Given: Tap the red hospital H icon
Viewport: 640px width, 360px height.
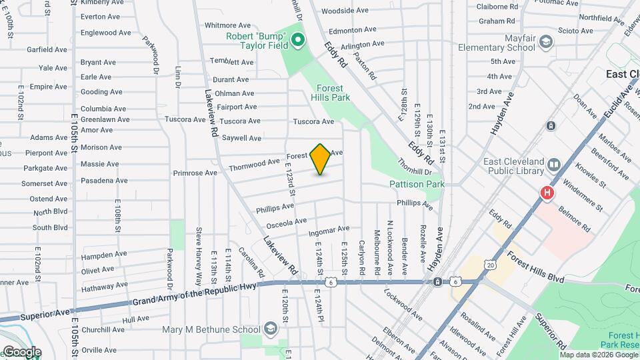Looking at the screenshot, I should click(x=547, y=193).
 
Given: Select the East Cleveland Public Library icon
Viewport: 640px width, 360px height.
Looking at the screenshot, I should click(x=553, y=164).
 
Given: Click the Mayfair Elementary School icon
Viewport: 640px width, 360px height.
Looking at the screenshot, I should click(x=547, y=42).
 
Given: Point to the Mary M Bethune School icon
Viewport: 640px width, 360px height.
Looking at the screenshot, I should click(x=271, y=329).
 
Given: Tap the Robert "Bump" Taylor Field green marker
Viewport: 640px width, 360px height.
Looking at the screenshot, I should click(x=298, y=41).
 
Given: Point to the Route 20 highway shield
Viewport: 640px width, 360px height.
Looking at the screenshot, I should click(x=491, y=265).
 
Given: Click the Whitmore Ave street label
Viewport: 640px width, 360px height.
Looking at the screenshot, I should click(x=227, y=25).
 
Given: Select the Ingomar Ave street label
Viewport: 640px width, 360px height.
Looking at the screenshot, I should click(x=329, y=231).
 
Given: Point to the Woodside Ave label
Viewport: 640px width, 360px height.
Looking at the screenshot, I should click(x=344, y=11).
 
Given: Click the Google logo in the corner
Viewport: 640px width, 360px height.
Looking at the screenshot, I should click(x=21, y=352).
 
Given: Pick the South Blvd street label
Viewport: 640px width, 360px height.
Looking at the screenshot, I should click(x=51, y=227).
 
